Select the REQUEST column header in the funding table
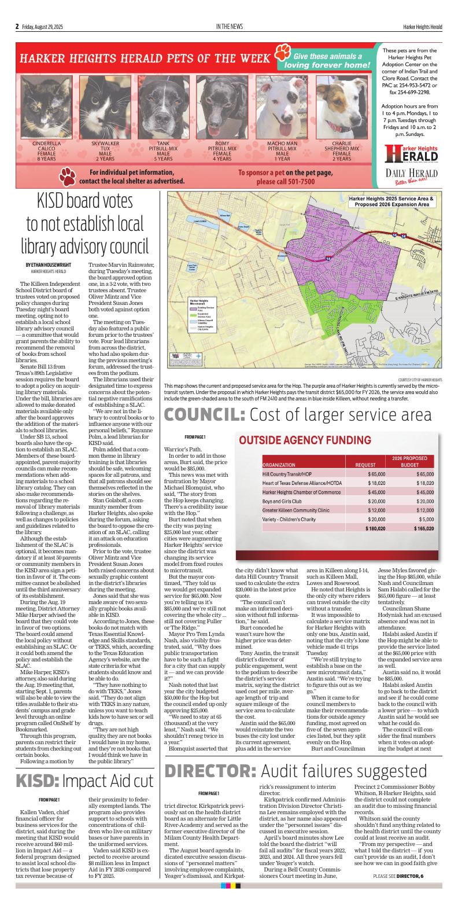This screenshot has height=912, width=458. coord(365,465)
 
